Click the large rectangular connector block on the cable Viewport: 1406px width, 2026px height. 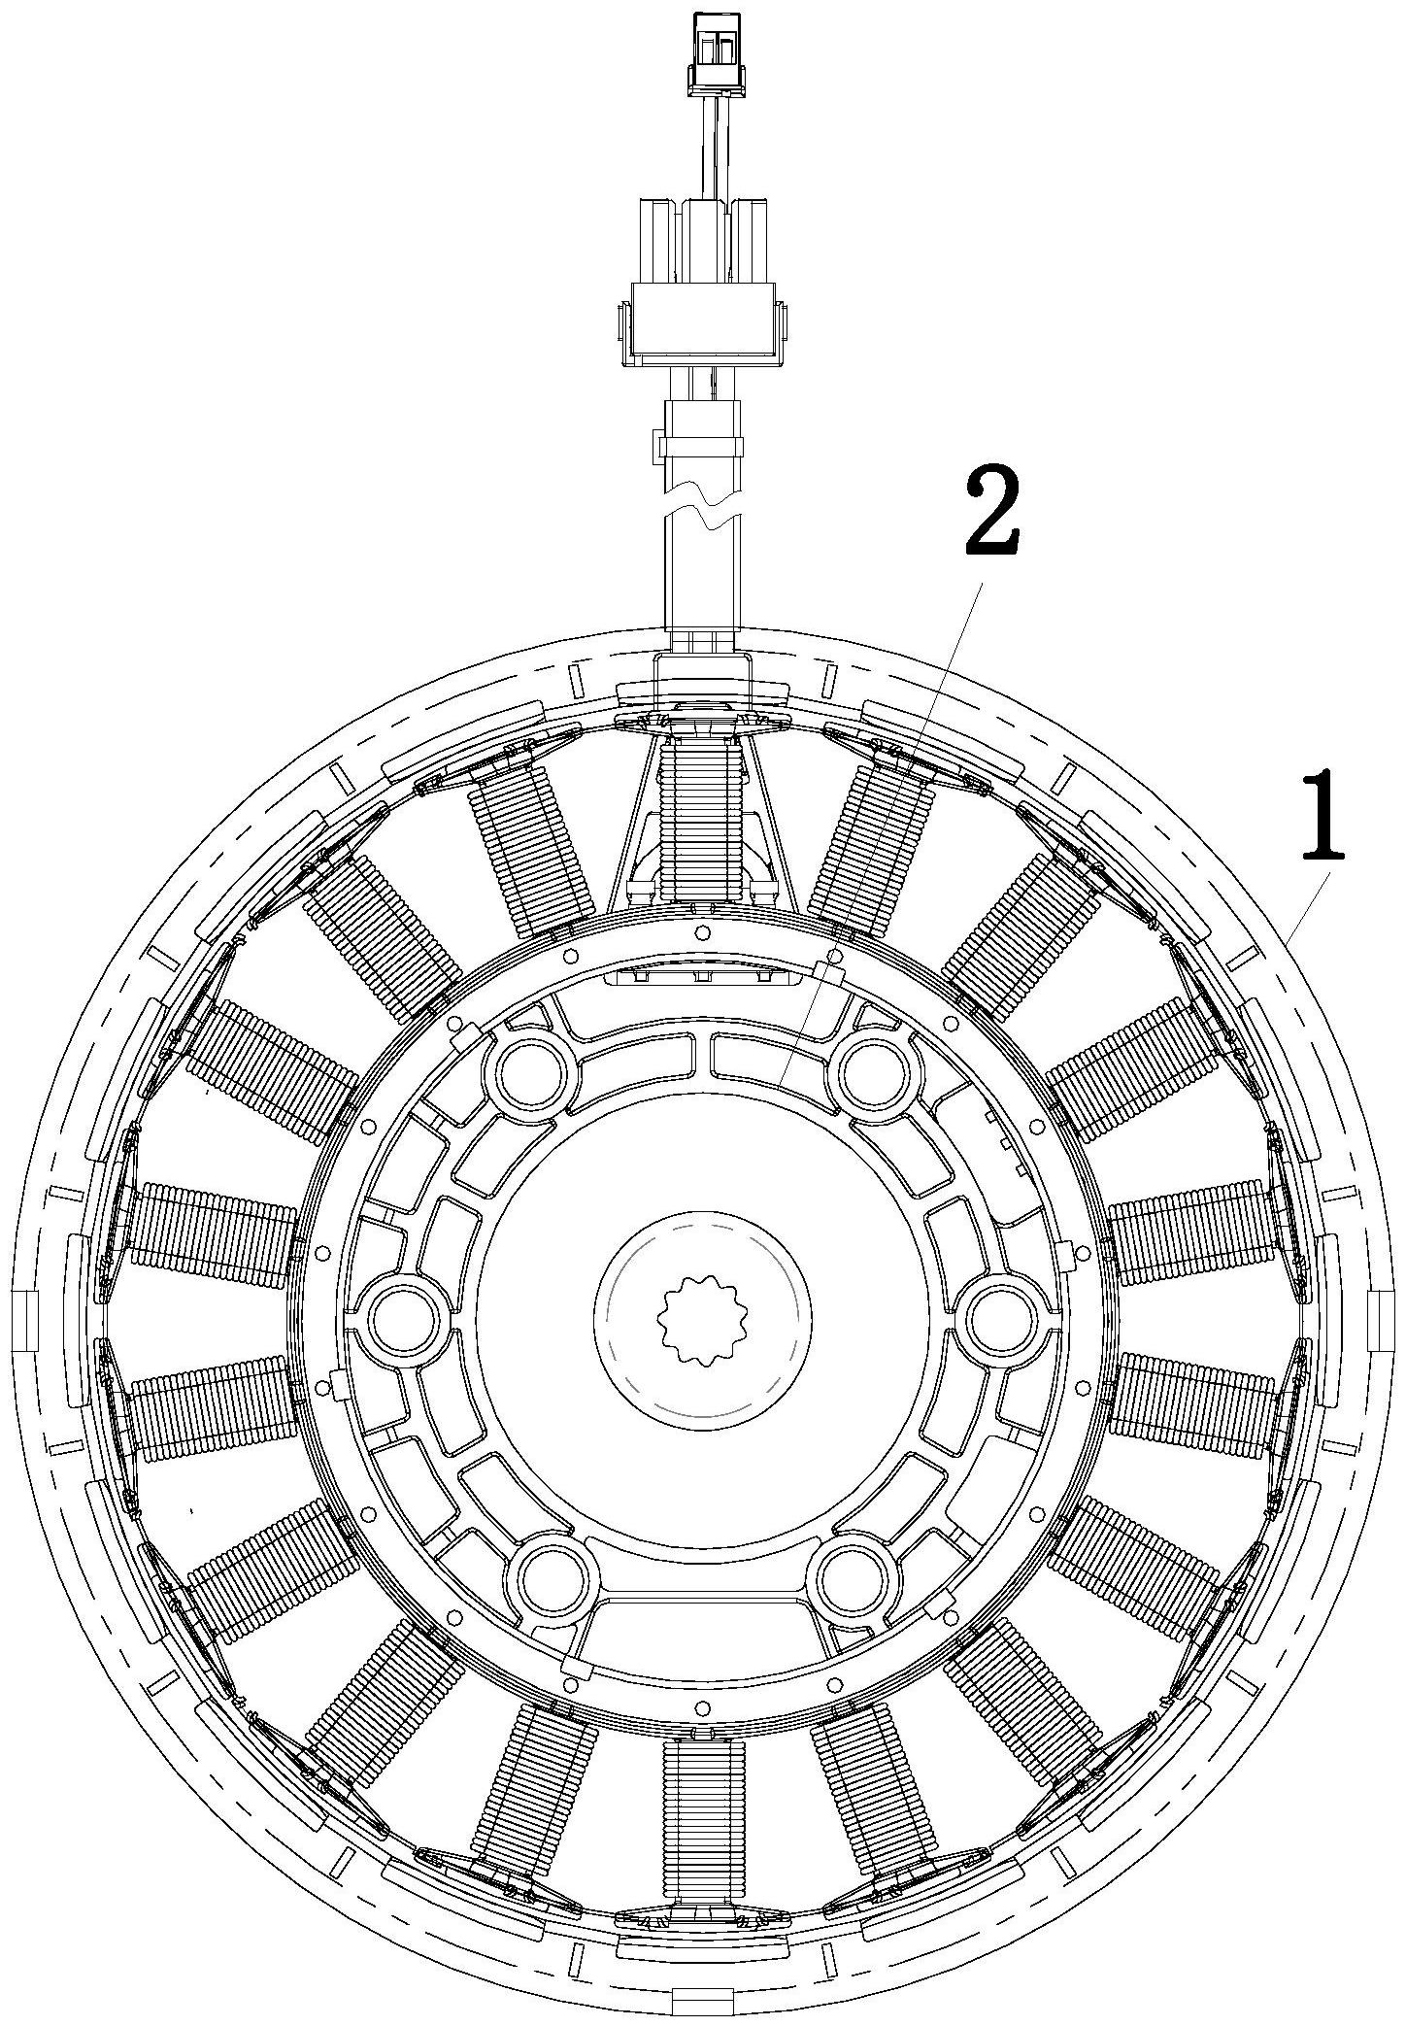pyautogui.click(x=701, y=324)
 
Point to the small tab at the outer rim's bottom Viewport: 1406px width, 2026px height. pyautogui.click(x=701, y=2001)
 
